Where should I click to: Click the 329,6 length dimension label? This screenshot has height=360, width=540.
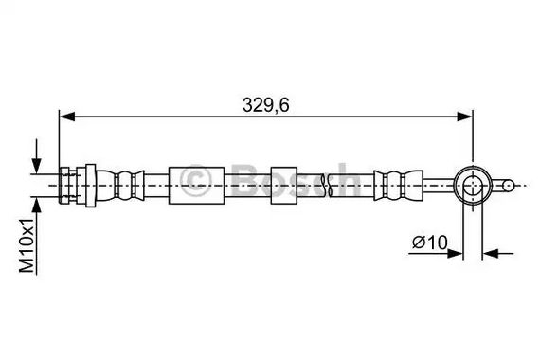[265, 105]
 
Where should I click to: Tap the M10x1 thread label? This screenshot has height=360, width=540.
[27, 245]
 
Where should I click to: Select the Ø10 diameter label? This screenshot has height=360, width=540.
[430, 243]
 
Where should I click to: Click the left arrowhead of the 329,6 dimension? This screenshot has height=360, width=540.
[67, 117]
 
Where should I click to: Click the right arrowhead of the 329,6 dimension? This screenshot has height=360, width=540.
[464, 117]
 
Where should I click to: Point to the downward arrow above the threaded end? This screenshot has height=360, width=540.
[36, 155]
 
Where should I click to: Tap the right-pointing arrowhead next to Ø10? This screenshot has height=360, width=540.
[455, 254]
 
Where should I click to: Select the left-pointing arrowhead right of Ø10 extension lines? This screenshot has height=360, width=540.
[491, 254]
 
